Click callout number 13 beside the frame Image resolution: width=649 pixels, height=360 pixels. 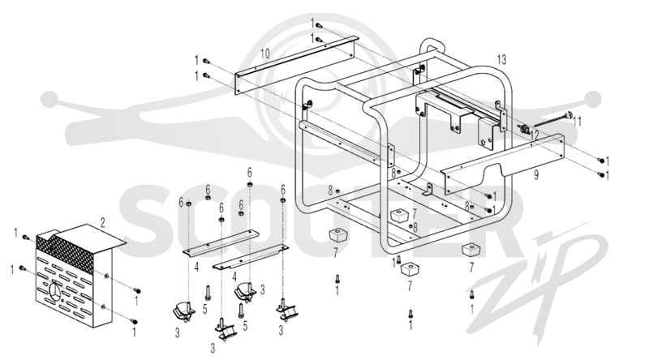tap(501, 60)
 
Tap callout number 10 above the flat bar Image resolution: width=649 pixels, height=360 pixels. tap(265, 54)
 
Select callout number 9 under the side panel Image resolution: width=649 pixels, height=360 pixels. tap(536, 174)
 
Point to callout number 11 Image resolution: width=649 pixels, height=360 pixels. tap(577, 122)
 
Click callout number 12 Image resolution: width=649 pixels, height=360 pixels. tap(535, 135)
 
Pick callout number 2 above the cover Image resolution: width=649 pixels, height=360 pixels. tap(103, 223)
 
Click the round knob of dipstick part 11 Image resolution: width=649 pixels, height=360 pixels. tap(569, 115)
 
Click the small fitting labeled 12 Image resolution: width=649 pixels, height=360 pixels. tap(524, 130)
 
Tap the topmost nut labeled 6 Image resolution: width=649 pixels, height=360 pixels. tap(250, 184)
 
